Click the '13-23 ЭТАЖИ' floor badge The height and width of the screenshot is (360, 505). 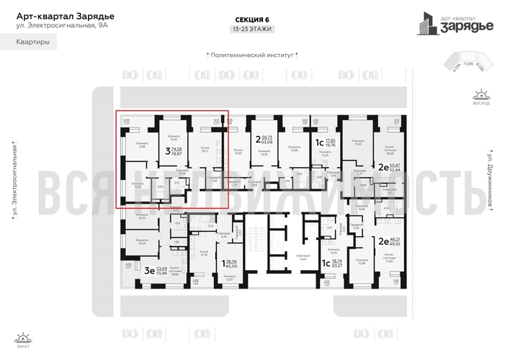point(253,30)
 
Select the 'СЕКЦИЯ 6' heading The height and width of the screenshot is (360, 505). point(253,20)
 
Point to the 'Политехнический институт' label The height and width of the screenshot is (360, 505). point(252,53)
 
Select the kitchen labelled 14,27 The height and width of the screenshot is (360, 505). point(204,150)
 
